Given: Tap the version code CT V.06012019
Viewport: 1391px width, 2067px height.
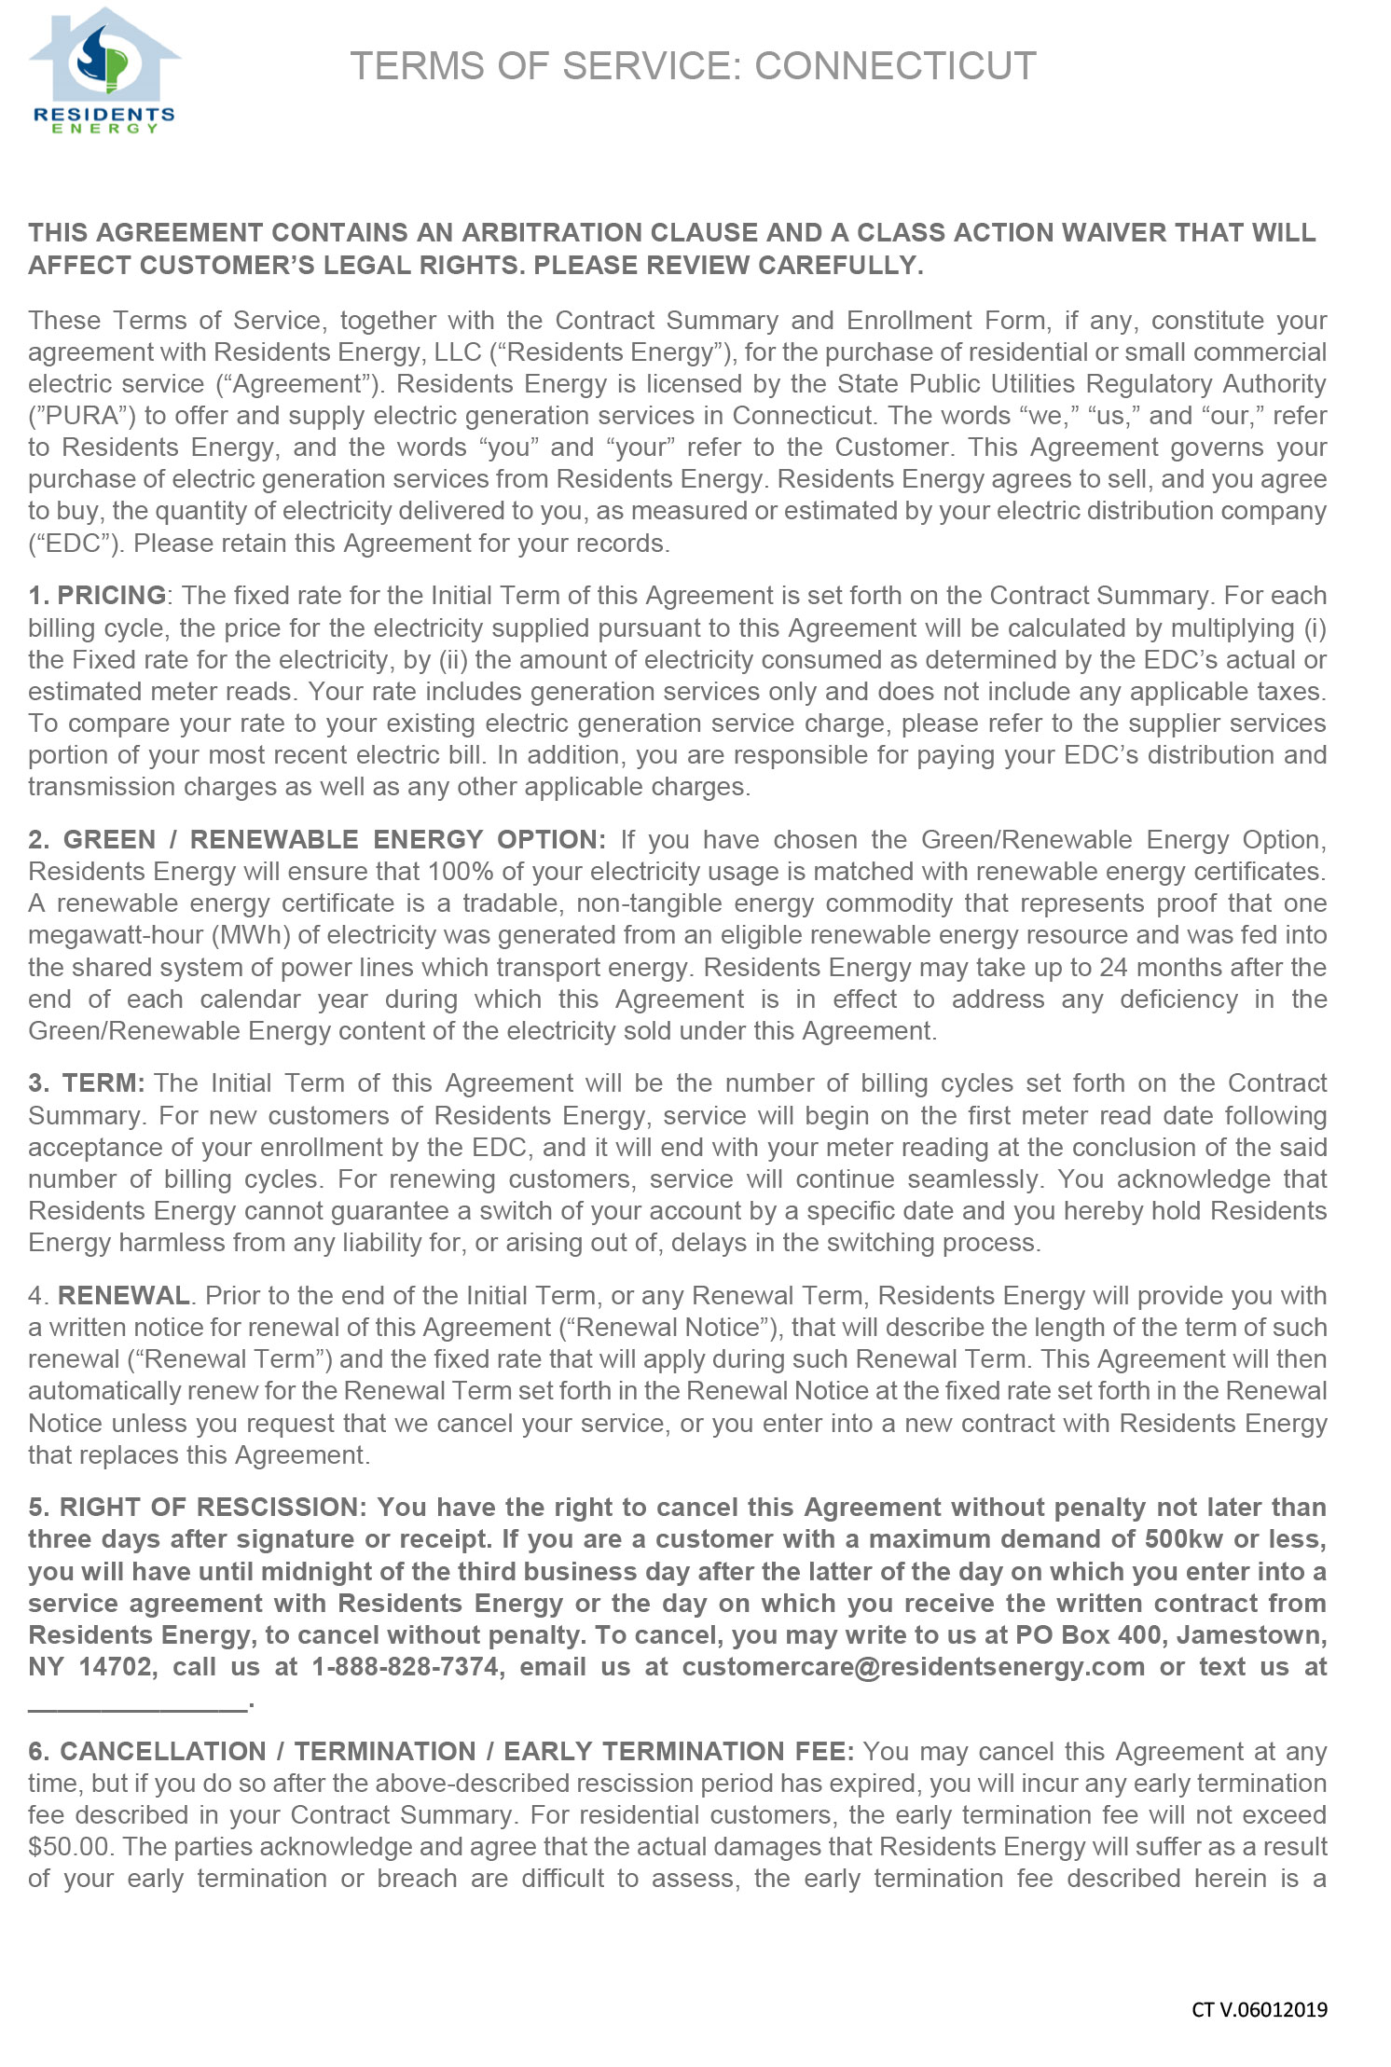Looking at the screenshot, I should coord(1259,2009).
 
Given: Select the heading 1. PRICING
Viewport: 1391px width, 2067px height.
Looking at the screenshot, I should coord(97,595).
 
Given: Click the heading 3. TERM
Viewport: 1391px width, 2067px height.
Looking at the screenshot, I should coord(86,1082).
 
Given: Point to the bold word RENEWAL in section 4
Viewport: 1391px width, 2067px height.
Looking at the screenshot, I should coord(123,1295).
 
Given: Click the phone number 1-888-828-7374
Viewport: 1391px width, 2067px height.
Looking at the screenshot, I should coord(407,1666).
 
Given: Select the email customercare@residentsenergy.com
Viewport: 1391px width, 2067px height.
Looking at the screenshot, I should coord(913,1666).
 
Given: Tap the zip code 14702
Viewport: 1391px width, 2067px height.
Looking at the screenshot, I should coord(116,1666).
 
